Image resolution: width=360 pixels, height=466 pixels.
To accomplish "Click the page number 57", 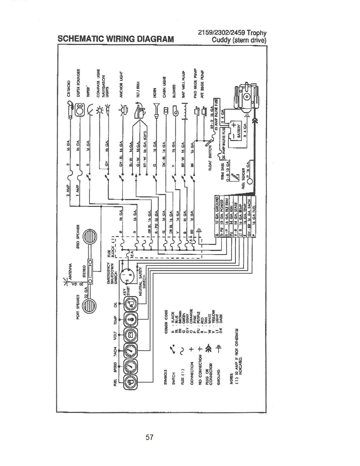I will click(149, 437).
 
